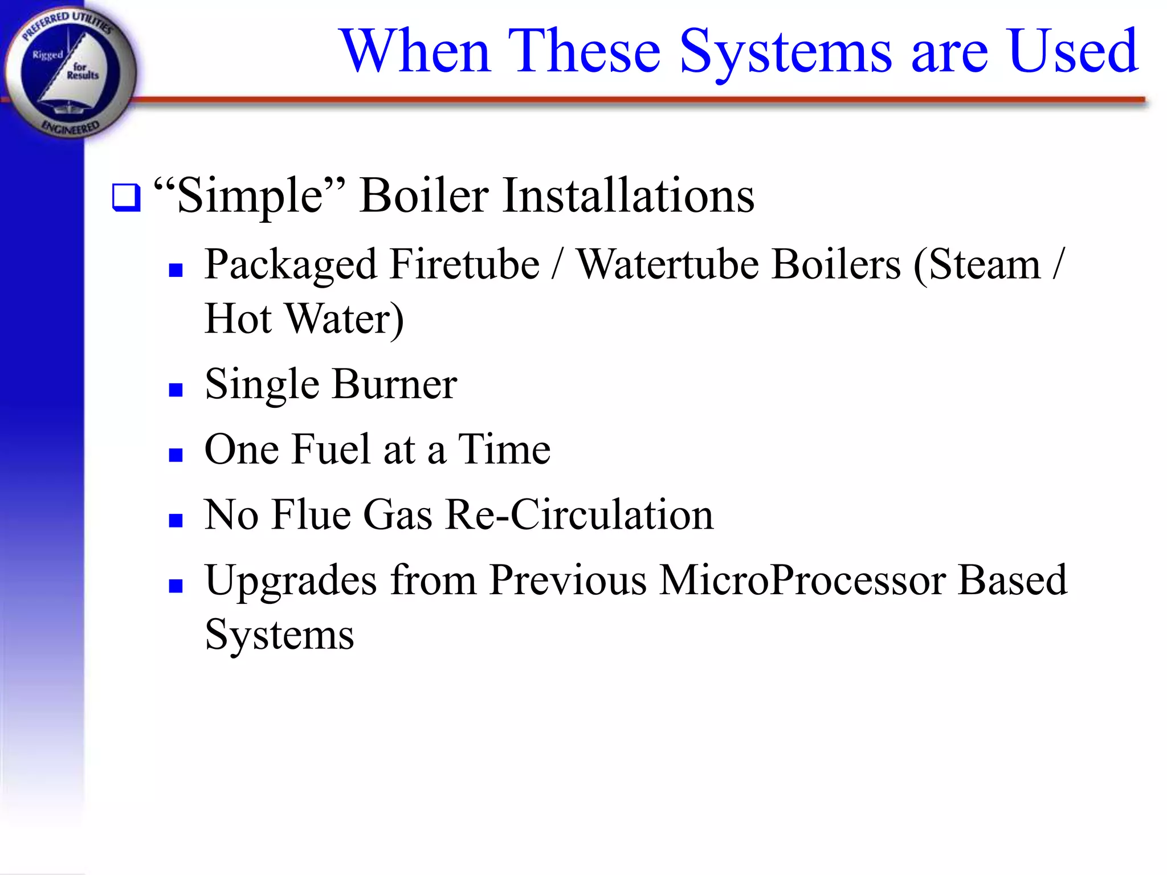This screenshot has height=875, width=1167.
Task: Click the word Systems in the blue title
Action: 786,52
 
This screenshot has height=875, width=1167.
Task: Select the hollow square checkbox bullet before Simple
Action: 126,198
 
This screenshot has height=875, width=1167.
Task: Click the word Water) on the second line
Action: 344,319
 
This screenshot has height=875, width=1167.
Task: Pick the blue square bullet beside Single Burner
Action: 176,390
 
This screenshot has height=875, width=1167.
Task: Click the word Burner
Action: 394,384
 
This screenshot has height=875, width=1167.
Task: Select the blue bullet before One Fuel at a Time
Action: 176,455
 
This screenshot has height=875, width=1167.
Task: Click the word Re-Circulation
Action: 579,514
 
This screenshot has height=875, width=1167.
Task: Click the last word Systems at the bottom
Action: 279,635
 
